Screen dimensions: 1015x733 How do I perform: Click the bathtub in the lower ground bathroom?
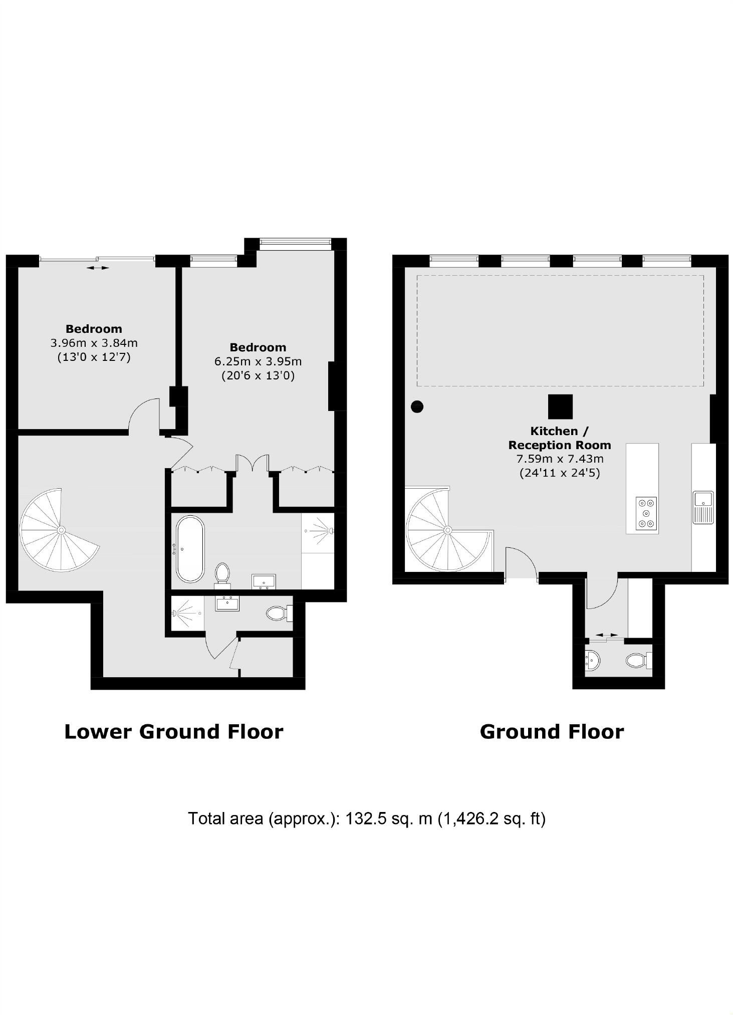(x=190, y=549)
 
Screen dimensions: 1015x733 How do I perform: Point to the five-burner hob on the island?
(x=646, y=513)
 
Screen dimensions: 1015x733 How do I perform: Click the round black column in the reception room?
(x=417, y=407)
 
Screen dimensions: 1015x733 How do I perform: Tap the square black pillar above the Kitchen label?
(x=560, y=407)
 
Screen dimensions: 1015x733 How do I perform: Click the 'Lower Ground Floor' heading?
(x=174, y=732)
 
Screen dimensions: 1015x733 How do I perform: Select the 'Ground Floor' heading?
(x=552, y=732)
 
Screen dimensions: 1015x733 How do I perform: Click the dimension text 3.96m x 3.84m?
(x=94, y=343)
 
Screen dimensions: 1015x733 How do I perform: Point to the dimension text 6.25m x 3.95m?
(x=258, y=361)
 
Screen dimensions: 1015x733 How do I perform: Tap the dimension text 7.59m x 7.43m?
(x=560, y=459)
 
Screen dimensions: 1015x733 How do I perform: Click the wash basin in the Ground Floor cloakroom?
(x=592, y=660)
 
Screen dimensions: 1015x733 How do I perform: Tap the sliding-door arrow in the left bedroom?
(x=97, y=268)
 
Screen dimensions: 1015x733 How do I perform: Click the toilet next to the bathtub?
(x=222, y=573)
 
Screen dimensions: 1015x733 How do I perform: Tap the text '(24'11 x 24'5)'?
(x=560, y=473)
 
